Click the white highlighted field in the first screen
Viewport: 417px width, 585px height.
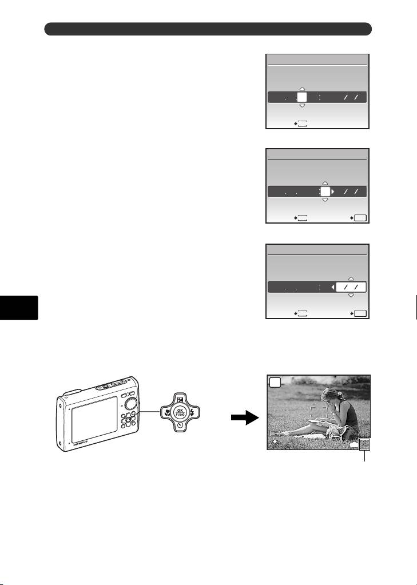pyautogui.click(x=303, y=98)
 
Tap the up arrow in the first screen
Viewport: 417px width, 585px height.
pyautogui.click(x=303, y=89)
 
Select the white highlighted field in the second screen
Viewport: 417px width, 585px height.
pyautogui.click(x=324, y=192)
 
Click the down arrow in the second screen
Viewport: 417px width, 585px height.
pyautogui.click(x=324, y=201)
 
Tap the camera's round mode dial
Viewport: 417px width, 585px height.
pyautogui.click(x=131, y=403)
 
